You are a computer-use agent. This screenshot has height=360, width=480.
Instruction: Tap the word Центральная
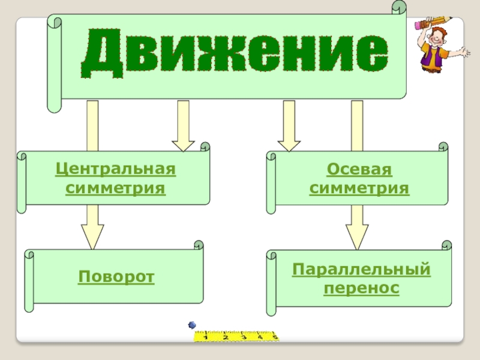coord(115,169)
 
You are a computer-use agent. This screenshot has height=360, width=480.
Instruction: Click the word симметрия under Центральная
coord(115,188)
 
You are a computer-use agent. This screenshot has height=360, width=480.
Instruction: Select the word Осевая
coord(359,170)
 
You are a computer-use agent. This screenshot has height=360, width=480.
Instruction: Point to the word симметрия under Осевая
coord(359,189)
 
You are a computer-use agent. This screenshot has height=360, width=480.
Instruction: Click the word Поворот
coord(116,277)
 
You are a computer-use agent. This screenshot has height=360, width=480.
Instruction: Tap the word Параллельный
coord(361,269)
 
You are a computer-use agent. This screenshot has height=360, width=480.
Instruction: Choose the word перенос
coord(361,289)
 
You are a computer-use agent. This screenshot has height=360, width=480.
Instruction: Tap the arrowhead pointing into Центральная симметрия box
coord(183,144)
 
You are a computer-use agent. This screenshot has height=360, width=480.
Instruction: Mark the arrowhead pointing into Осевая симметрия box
coord(289,144)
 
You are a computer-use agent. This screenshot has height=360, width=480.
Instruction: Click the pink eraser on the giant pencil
coord(419,25)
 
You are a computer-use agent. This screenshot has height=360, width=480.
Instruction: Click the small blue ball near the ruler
coord(193,325)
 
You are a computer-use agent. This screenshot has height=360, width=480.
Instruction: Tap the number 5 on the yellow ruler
coord(275,338)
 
